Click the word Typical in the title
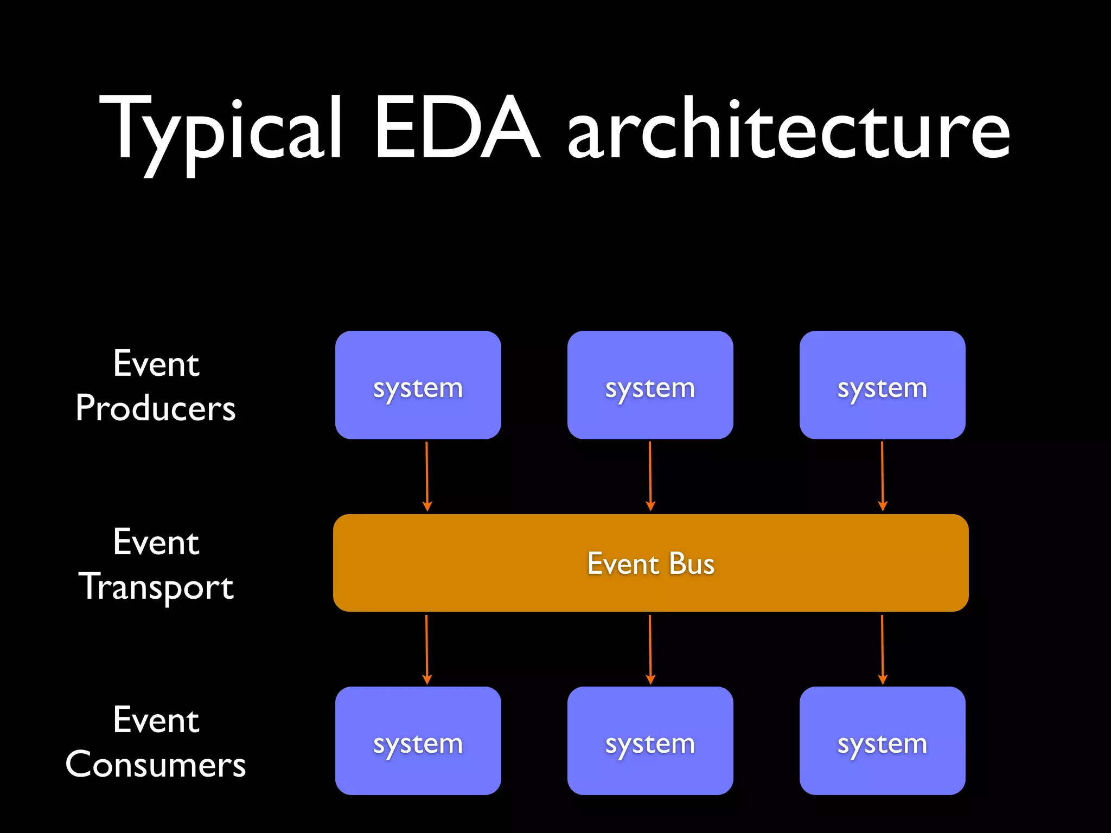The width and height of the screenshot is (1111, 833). coord(220,130)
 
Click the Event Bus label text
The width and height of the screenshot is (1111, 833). coord(650,563)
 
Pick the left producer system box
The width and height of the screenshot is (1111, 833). coord(418,385)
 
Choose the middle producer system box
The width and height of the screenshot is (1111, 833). coord(650,385)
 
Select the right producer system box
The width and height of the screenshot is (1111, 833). coord(882,385)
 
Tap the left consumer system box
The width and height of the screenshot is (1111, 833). coord(418,741)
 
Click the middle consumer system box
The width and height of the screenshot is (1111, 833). coord(650,741)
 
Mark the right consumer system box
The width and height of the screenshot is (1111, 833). coord(882,741)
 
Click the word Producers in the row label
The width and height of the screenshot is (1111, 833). coord(156,408)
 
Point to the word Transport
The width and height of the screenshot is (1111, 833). coord(156,587)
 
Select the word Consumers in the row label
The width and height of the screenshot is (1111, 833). coord(156,765)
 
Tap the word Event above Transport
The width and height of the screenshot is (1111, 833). coord(156,542)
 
